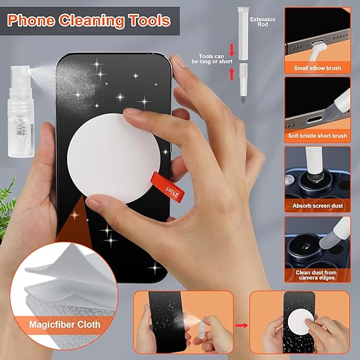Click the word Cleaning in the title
pyautogui.click(x=92, y=21)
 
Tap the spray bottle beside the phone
pyautogui.click(x=21, y=111)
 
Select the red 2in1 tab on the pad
pyautogui.click(x=168, y=187)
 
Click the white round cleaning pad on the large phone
pyautogui.click(x=114, y=158)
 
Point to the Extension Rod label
pyautogui.click(x=263, y=22)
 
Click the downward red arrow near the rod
pyautogui.click(x=232, y=49)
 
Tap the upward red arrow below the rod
pyautogui.click(x=232, y=73)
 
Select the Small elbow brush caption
pyautogui.click(x=318, y=68)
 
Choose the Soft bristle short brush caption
pyautogui.click(x=318, y=135)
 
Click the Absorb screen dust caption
pyautogui.click(x=318, y=206)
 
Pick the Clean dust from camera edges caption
pyautogui.click(x=316, y=275)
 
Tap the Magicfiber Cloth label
pyautogui.click(x=65, y=325)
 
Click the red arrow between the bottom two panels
pyautogui.click(x=242, y=325)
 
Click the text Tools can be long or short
pyautogui.click(x=212, y=59)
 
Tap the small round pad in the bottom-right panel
pyautogui.click(x=300, y=321)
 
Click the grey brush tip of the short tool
pyautogui.click(x=243, y=99)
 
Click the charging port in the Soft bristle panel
pyautogui.click(x=314, y=120)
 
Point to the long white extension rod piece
pyautogui.click(x=243, y=34)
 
